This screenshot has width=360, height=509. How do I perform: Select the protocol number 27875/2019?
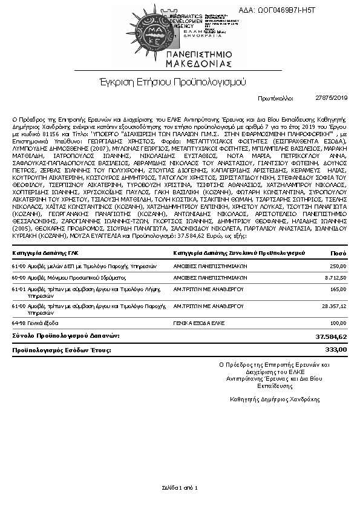[332, 97]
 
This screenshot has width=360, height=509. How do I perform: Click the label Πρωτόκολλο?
[275, 97]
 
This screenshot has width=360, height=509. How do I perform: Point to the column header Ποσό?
[338, 252]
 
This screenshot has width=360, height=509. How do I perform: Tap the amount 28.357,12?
[333, 307]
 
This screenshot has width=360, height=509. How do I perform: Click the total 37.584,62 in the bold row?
[331, 335]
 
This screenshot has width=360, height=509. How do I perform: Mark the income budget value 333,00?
[336, 349]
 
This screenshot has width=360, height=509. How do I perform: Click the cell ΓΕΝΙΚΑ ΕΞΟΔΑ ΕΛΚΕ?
[198, 323]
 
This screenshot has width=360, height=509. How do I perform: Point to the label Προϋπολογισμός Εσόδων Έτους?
[62, 350]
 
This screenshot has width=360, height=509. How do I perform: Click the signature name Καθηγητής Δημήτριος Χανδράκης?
[275, 399]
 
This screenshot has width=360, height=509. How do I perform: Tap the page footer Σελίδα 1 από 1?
[180, 487]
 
